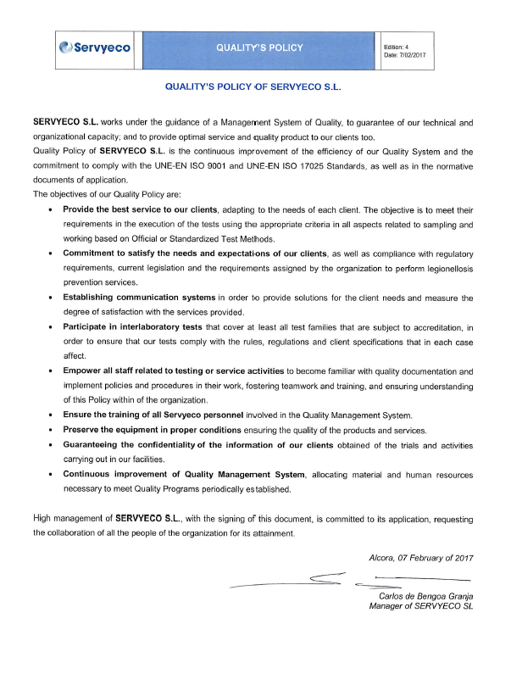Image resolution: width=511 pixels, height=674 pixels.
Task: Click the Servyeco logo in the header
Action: [x=94, y=47]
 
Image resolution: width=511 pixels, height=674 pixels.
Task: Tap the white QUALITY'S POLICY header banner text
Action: [x=259, y=47]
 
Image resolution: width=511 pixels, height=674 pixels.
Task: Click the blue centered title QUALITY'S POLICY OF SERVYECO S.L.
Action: [x=257, y=86]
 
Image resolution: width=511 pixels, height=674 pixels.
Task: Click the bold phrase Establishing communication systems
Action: [x=140, y=298]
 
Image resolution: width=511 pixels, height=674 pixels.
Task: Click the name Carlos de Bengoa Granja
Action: [x=425, y=598]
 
